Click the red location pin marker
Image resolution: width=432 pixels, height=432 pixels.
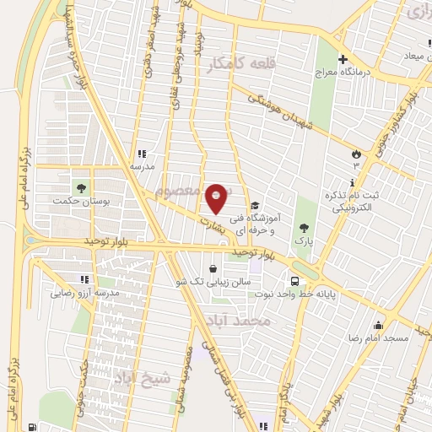pyautogui.click(x=217, y=198)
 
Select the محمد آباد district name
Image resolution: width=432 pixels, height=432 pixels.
pyautogui.click(x=239, y=321)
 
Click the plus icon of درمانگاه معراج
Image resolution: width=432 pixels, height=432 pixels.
pyautogui.click(x=343, y=60)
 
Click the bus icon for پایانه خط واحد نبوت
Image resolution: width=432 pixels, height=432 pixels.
pyautogui.click(x=294, y=281)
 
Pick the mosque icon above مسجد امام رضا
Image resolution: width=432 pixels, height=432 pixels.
pyautogui.click(x=379, y=325)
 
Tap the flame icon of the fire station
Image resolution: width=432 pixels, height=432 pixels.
pyautogui.click(x=356, y=154)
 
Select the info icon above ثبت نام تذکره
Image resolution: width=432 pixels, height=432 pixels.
pyautogui.click(x=352, y=183)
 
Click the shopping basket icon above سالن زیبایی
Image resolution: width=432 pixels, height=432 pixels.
pyautogui.click(x=213, y=267)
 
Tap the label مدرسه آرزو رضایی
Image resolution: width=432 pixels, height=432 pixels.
pyautogui.click(x=84, y=293)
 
